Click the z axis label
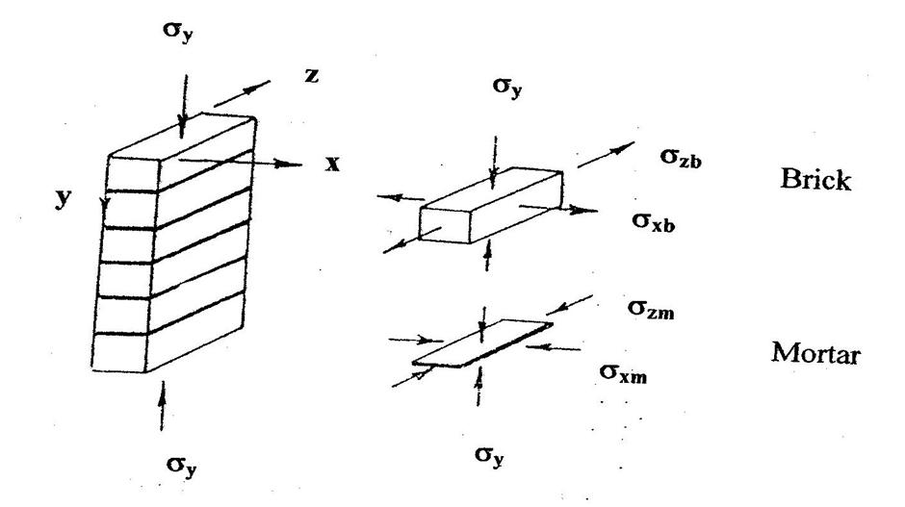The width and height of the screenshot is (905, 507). point(311,75)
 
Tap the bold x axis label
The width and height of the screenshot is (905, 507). point(332,164)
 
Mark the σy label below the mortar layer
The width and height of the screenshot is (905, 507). point(490,452)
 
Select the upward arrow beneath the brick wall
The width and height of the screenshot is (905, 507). point(162,404)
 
